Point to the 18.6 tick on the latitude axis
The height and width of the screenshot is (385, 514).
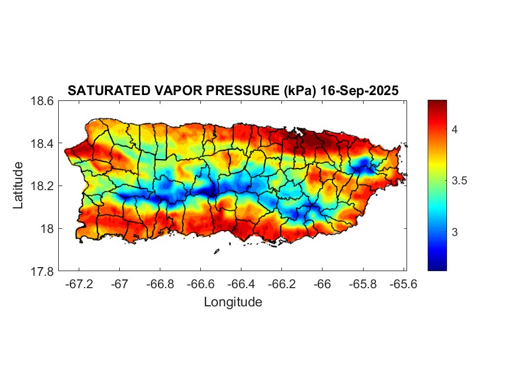click(x=42, y=101)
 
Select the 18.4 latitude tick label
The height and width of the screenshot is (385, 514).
click(x=42, y=144)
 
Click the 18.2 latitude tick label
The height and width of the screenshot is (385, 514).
click(x=42, y=186)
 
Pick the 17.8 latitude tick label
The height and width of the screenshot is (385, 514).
click(x=42, y=271)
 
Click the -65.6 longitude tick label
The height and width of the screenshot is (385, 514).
click(x=403, y=284)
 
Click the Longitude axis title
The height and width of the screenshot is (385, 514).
click(x=233, y=302)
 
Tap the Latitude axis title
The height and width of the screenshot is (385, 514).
click(x=19, y=185)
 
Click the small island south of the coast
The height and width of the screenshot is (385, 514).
click(x=216, y=251)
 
